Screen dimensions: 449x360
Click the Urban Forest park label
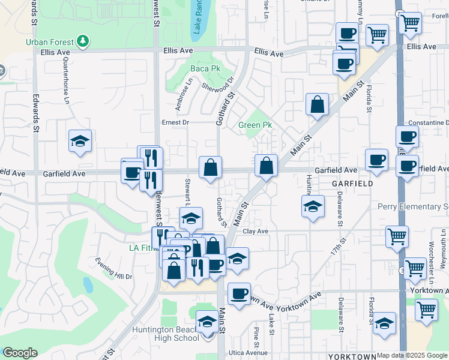pos(50,42)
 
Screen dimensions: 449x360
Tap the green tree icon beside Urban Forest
pos(83,41)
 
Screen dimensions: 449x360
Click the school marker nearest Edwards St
pos(80,142)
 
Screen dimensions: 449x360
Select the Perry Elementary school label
pos(413,207)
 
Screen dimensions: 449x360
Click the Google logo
pos(20,353)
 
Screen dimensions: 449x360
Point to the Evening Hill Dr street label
pos(113,268)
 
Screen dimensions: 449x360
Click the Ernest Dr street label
pos(175,122)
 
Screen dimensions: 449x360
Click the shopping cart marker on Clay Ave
pos(397,236)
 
